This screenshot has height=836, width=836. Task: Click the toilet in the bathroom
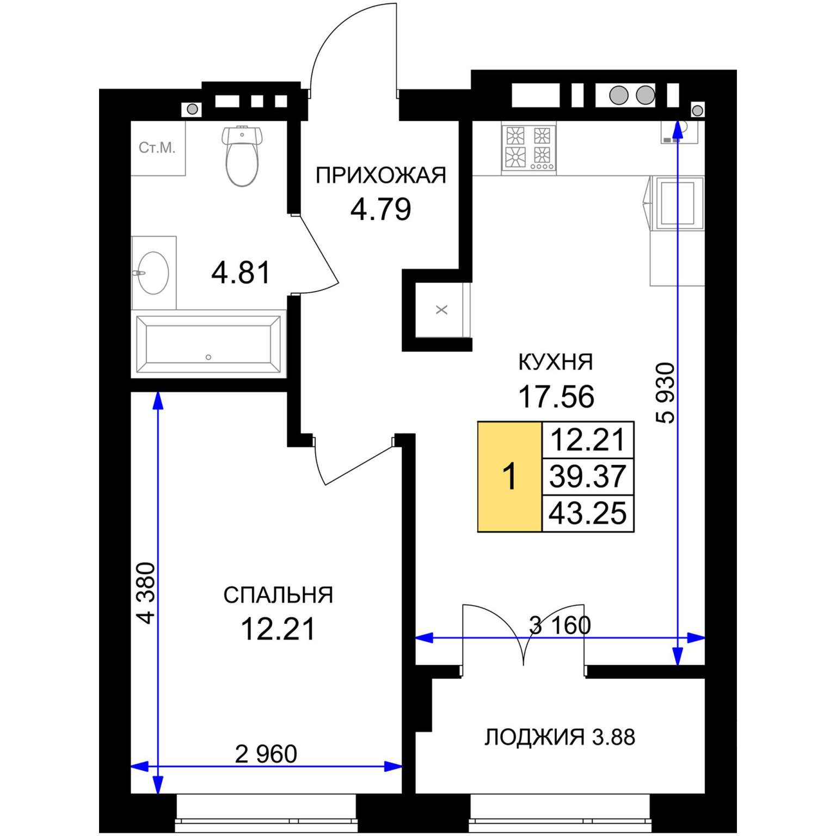tap(242, 156)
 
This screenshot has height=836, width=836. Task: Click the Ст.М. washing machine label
tap(157, 147)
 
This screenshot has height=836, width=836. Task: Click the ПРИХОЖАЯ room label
tap(381, 176)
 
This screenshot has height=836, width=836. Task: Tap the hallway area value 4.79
tap(380, 210)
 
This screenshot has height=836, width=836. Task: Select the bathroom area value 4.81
tap(241, 273)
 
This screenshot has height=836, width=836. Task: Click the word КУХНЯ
tap(556, 362)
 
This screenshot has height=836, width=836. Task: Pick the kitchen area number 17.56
tap(556, 396)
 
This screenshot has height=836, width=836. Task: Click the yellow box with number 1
tap(510, 476)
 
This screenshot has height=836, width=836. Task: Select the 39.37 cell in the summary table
tap(588, 476)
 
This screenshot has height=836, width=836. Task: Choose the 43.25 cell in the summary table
tap(588, 513)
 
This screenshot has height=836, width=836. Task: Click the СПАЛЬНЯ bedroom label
tap(278, 595)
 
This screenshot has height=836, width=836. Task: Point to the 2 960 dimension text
tap(266, 754)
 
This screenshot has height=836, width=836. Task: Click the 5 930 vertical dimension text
tap(666, 393)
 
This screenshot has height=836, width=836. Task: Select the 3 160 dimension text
tap(560, 625)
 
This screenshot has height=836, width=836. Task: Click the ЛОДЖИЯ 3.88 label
tap(560, 737)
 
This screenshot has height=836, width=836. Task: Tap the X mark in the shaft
tap(442, 310)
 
